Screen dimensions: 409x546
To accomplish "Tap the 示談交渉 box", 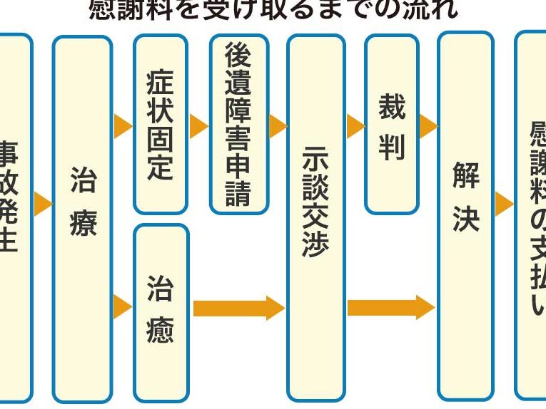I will coord(315,217).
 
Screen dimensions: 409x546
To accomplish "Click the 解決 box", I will coord(465,217).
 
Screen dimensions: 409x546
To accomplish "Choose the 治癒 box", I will coord(161,312).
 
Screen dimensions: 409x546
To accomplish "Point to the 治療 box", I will coord(82,217).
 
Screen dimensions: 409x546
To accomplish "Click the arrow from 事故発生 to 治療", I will coord(43,204).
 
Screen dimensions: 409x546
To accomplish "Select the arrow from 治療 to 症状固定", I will coord(123,127).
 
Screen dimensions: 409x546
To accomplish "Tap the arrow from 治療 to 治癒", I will coord(123,306).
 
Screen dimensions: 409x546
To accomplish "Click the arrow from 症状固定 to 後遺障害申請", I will coord(198,127).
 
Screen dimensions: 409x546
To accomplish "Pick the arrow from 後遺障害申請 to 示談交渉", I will coord(278,127).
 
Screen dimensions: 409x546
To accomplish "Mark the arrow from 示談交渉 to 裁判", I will coord(355,127).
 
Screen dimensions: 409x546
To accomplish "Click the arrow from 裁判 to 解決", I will coord(428,127).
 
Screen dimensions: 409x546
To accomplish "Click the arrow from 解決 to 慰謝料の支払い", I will coord(504,204).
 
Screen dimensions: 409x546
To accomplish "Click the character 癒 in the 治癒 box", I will coord(161,331).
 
